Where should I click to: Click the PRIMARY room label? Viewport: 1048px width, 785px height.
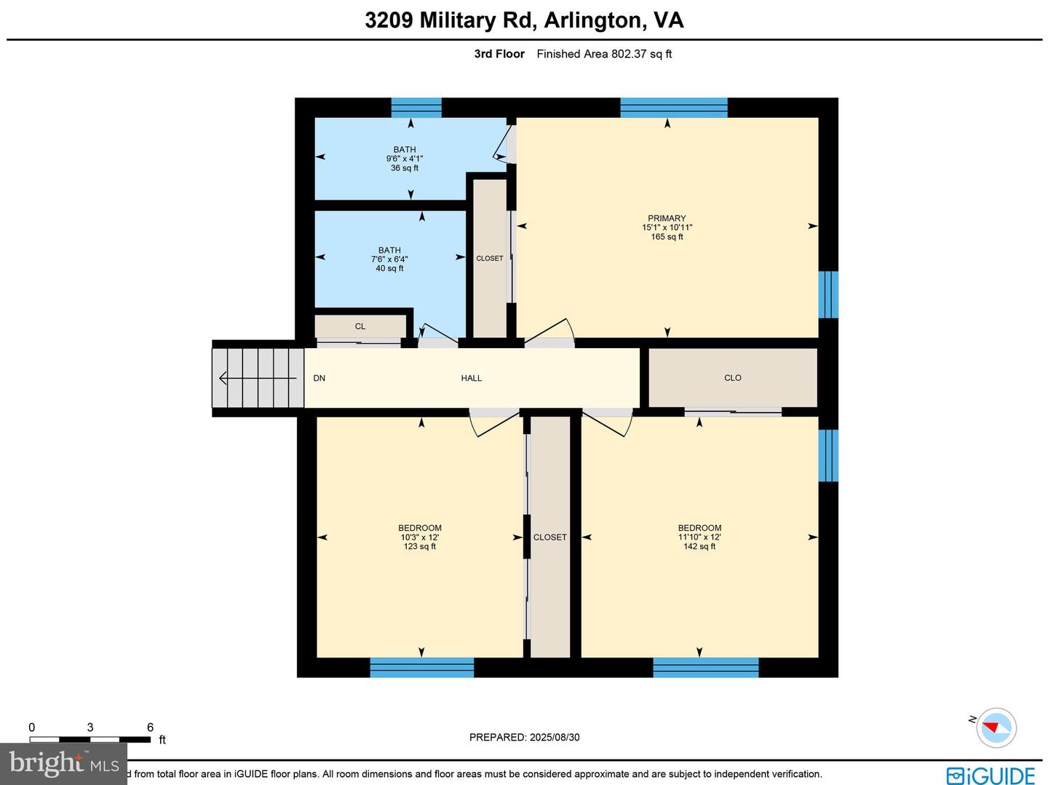pos(667,218)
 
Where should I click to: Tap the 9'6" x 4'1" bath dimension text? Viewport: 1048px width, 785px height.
pos(405,159)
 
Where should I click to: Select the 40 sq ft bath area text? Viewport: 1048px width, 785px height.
pos(389,269)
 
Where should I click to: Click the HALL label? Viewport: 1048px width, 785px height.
pos(471,378)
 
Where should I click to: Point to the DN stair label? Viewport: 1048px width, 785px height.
pos(319,378)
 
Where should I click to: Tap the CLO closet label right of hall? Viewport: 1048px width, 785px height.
pos(732,378)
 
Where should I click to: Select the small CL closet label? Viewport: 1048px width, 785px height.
pos(360,326)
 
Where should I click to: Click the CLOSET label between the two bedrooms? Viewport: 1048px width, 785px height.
pos(549,537)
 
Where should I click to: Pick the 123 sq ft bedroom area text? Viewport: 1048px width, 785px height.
pos(420,547)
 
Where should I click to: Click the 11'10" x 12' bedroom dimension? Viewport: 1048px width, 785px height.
pos(699,537)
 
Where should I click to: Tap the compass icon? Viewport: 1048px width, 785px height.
pos(996,727)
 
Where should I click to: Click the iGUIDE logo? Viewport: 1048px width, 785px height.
pos(991,775)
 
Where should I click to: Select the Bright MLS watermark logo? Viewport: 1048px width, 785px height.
pos(63,764)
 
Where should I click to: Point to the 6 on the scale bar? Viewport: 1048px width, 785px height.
pos(150,727)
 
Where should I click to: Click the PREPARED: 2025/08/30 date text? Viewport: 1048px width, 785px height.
pos(524,737)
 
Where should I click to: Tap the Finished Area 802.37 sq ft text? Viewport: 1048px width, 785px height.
pos(604,54)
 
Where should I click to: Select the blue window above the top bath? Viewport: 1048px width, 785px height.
pos(416,108)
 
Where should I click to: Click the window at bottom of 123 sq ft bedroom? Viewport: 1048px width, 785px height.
pos(422,667)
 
